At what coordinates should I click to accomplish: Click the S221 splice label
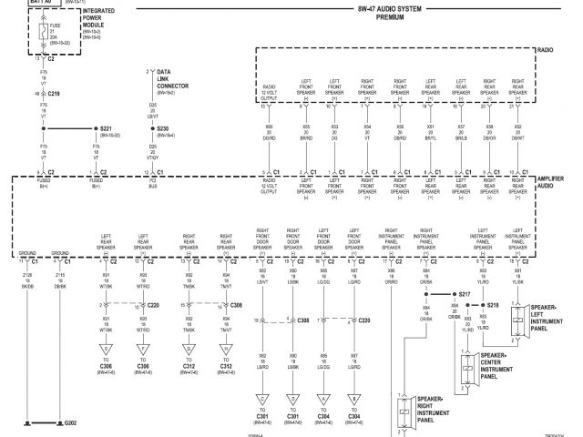tap(110, 128)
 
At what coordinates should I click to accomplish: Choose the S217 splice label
tap(465, 296)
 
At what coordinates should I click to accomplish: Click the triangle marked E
tap(106, 348)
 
